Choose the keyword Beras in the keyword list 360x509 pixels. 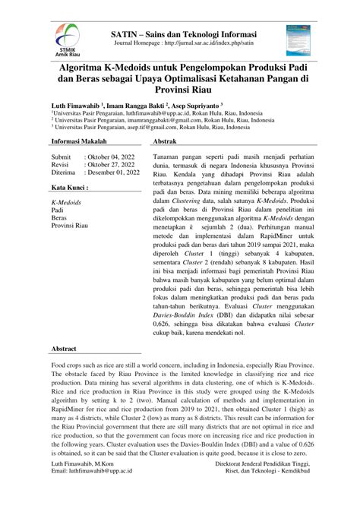(x=60, y=217)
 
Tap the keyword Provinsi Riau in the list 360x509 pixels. (x=70, y=226)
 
